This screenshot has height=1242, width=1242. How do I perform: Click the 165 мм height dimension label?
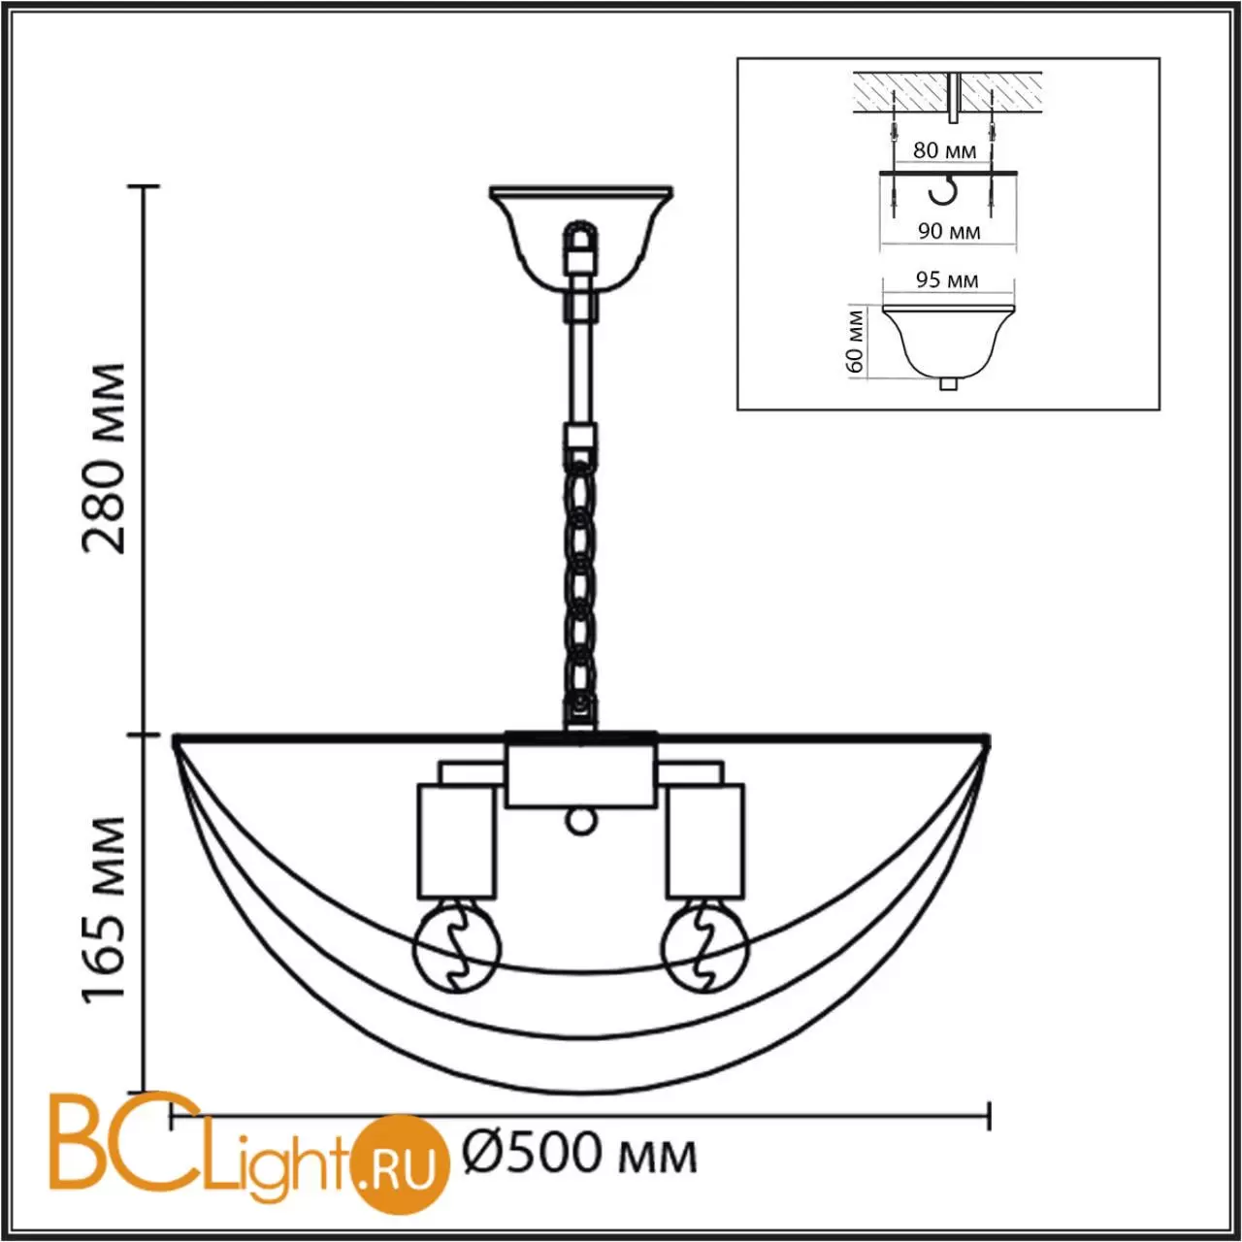click(x=104, y=909)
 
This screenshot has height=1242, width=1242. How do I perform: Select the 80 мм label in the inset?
click(x=944, y=150)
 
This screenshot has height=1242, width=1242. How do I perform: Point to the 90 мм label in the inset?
click(x=949, y=231)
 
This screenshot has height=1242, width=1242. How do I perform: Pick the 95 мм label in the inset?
click(x=947, y=279)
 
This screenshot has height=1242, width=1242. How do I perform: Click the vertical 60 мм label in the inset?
click(x=855, y=342)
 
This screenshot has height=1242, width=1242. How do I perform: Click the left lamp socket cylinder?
click(x=456, y=840)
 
